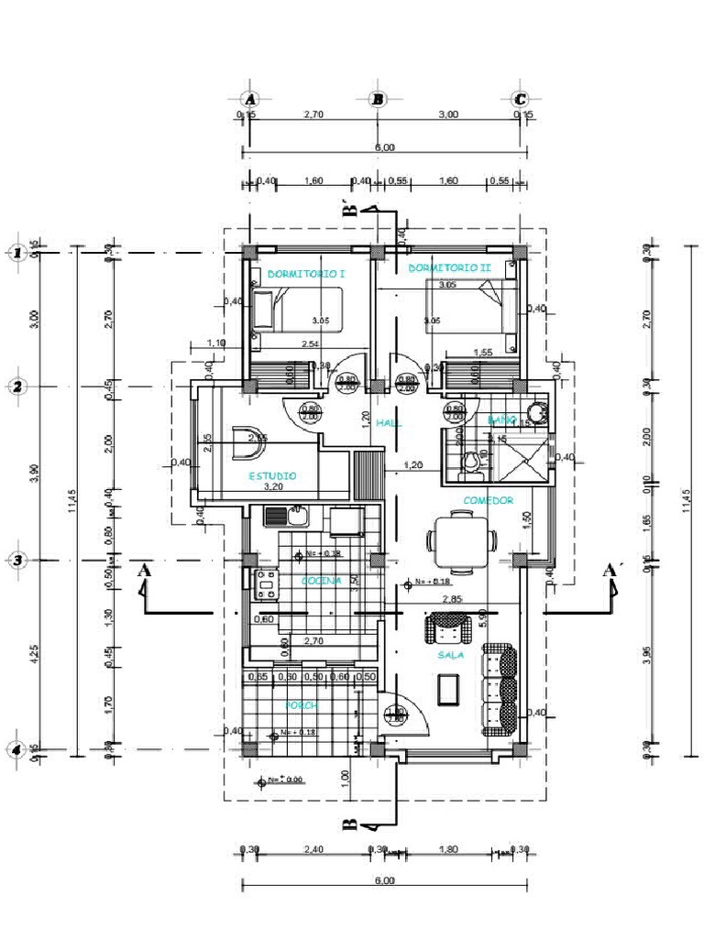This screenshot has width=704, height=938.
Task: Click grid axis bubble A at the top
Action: pyautogui.click(x=249, y=99)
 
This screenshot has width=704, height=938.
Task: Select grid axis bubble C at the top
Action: pyautogui.click(x=521, y=99)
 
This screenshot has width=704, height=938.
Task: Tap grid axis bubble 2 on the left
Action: pyautogui.click(x=16, y=387)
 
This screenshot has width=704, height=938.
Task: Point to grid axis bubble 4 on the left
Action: pyautogui.click(x=16, y=749)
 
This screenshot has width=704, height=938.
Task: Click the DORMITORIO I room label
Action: pyautogui.click(x=293, y=273)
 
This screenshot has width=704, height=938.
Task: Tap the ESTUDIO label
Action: pyautogui.click(x=273, y=476)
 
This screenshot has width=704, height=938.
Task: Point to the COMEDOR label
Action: pyautogui.click(x=488, y=500)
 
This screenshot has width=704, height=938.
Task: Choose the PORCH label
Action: pyautogui.click(x=301, y=705)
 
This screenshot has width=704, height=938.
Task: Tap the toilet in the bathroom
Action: pyautogui.click(x=471, y=461)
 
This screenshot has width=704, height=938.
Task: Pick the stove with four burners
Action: pyautogui.click(x=266, y=584)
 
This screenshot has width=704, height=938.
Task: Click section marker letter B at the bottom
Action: pyautogui.click(x=349, y=824)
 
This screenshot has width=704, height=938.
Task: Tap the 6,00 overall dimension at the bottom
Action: pyautogui.click(x=385, y=881)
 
